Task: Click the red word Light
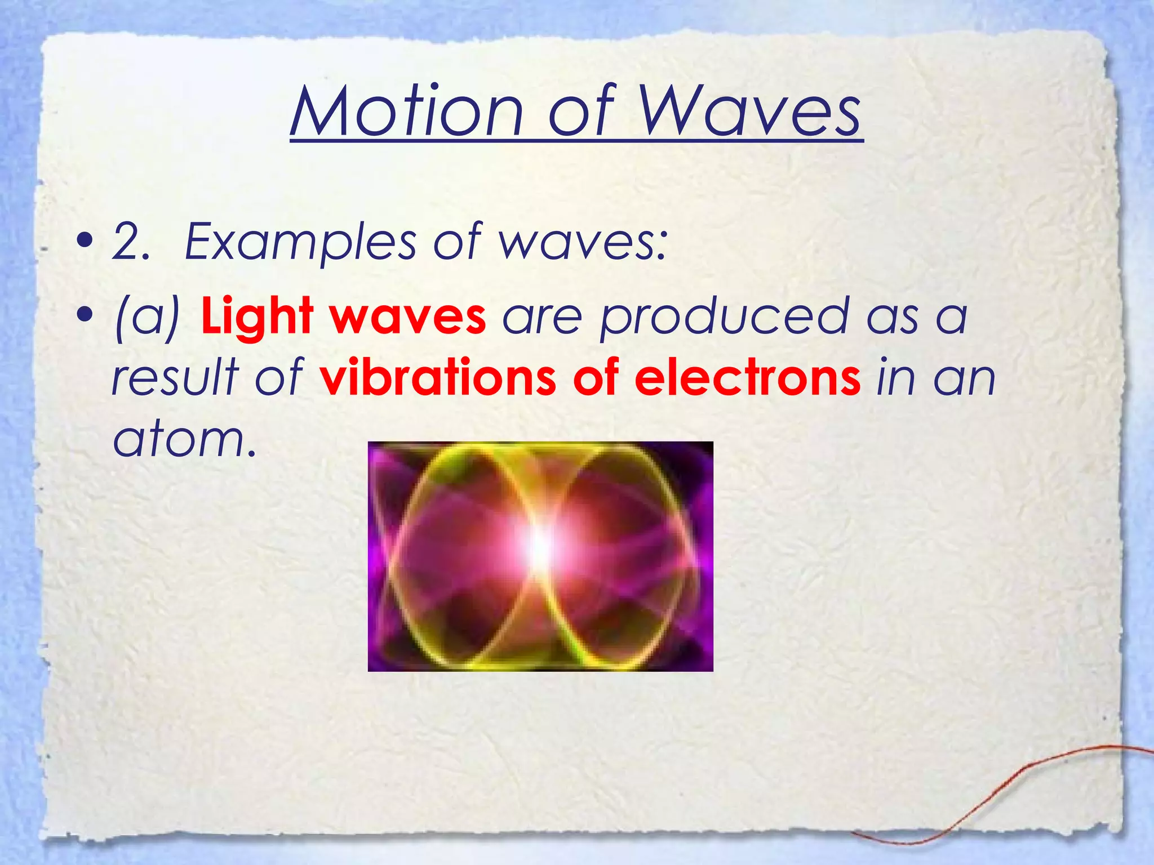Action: (257, 316)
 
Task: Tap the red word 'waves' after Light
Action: (408, 317)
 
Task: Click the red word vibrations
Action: (439, 377)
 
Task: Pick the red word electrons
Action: (747, 377)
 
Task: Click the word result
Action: (175, 377)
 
